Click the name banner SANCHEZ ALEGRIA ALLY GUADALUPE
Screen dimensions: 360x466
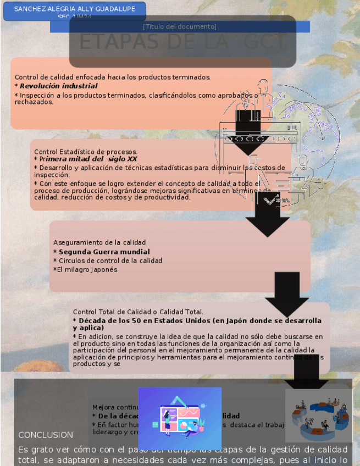(74, 9)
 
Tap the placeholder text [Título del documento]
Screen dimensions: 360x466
(180, 26)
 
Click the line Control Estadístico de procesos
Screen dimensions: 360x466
(86, 152)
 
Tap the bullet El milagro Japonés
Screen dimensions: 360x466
(86, 270)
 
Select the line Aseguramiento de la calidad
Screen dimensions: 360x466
(99, 242)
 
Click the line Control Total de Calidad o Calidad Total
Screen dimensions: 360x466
(138, 312)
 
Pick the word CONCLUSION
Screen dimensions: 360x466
(46, 435)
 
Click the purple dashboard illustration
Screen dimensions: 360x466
(180, 418)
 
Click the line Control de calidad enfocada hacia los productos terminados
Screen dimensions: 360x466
(112, 77)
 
